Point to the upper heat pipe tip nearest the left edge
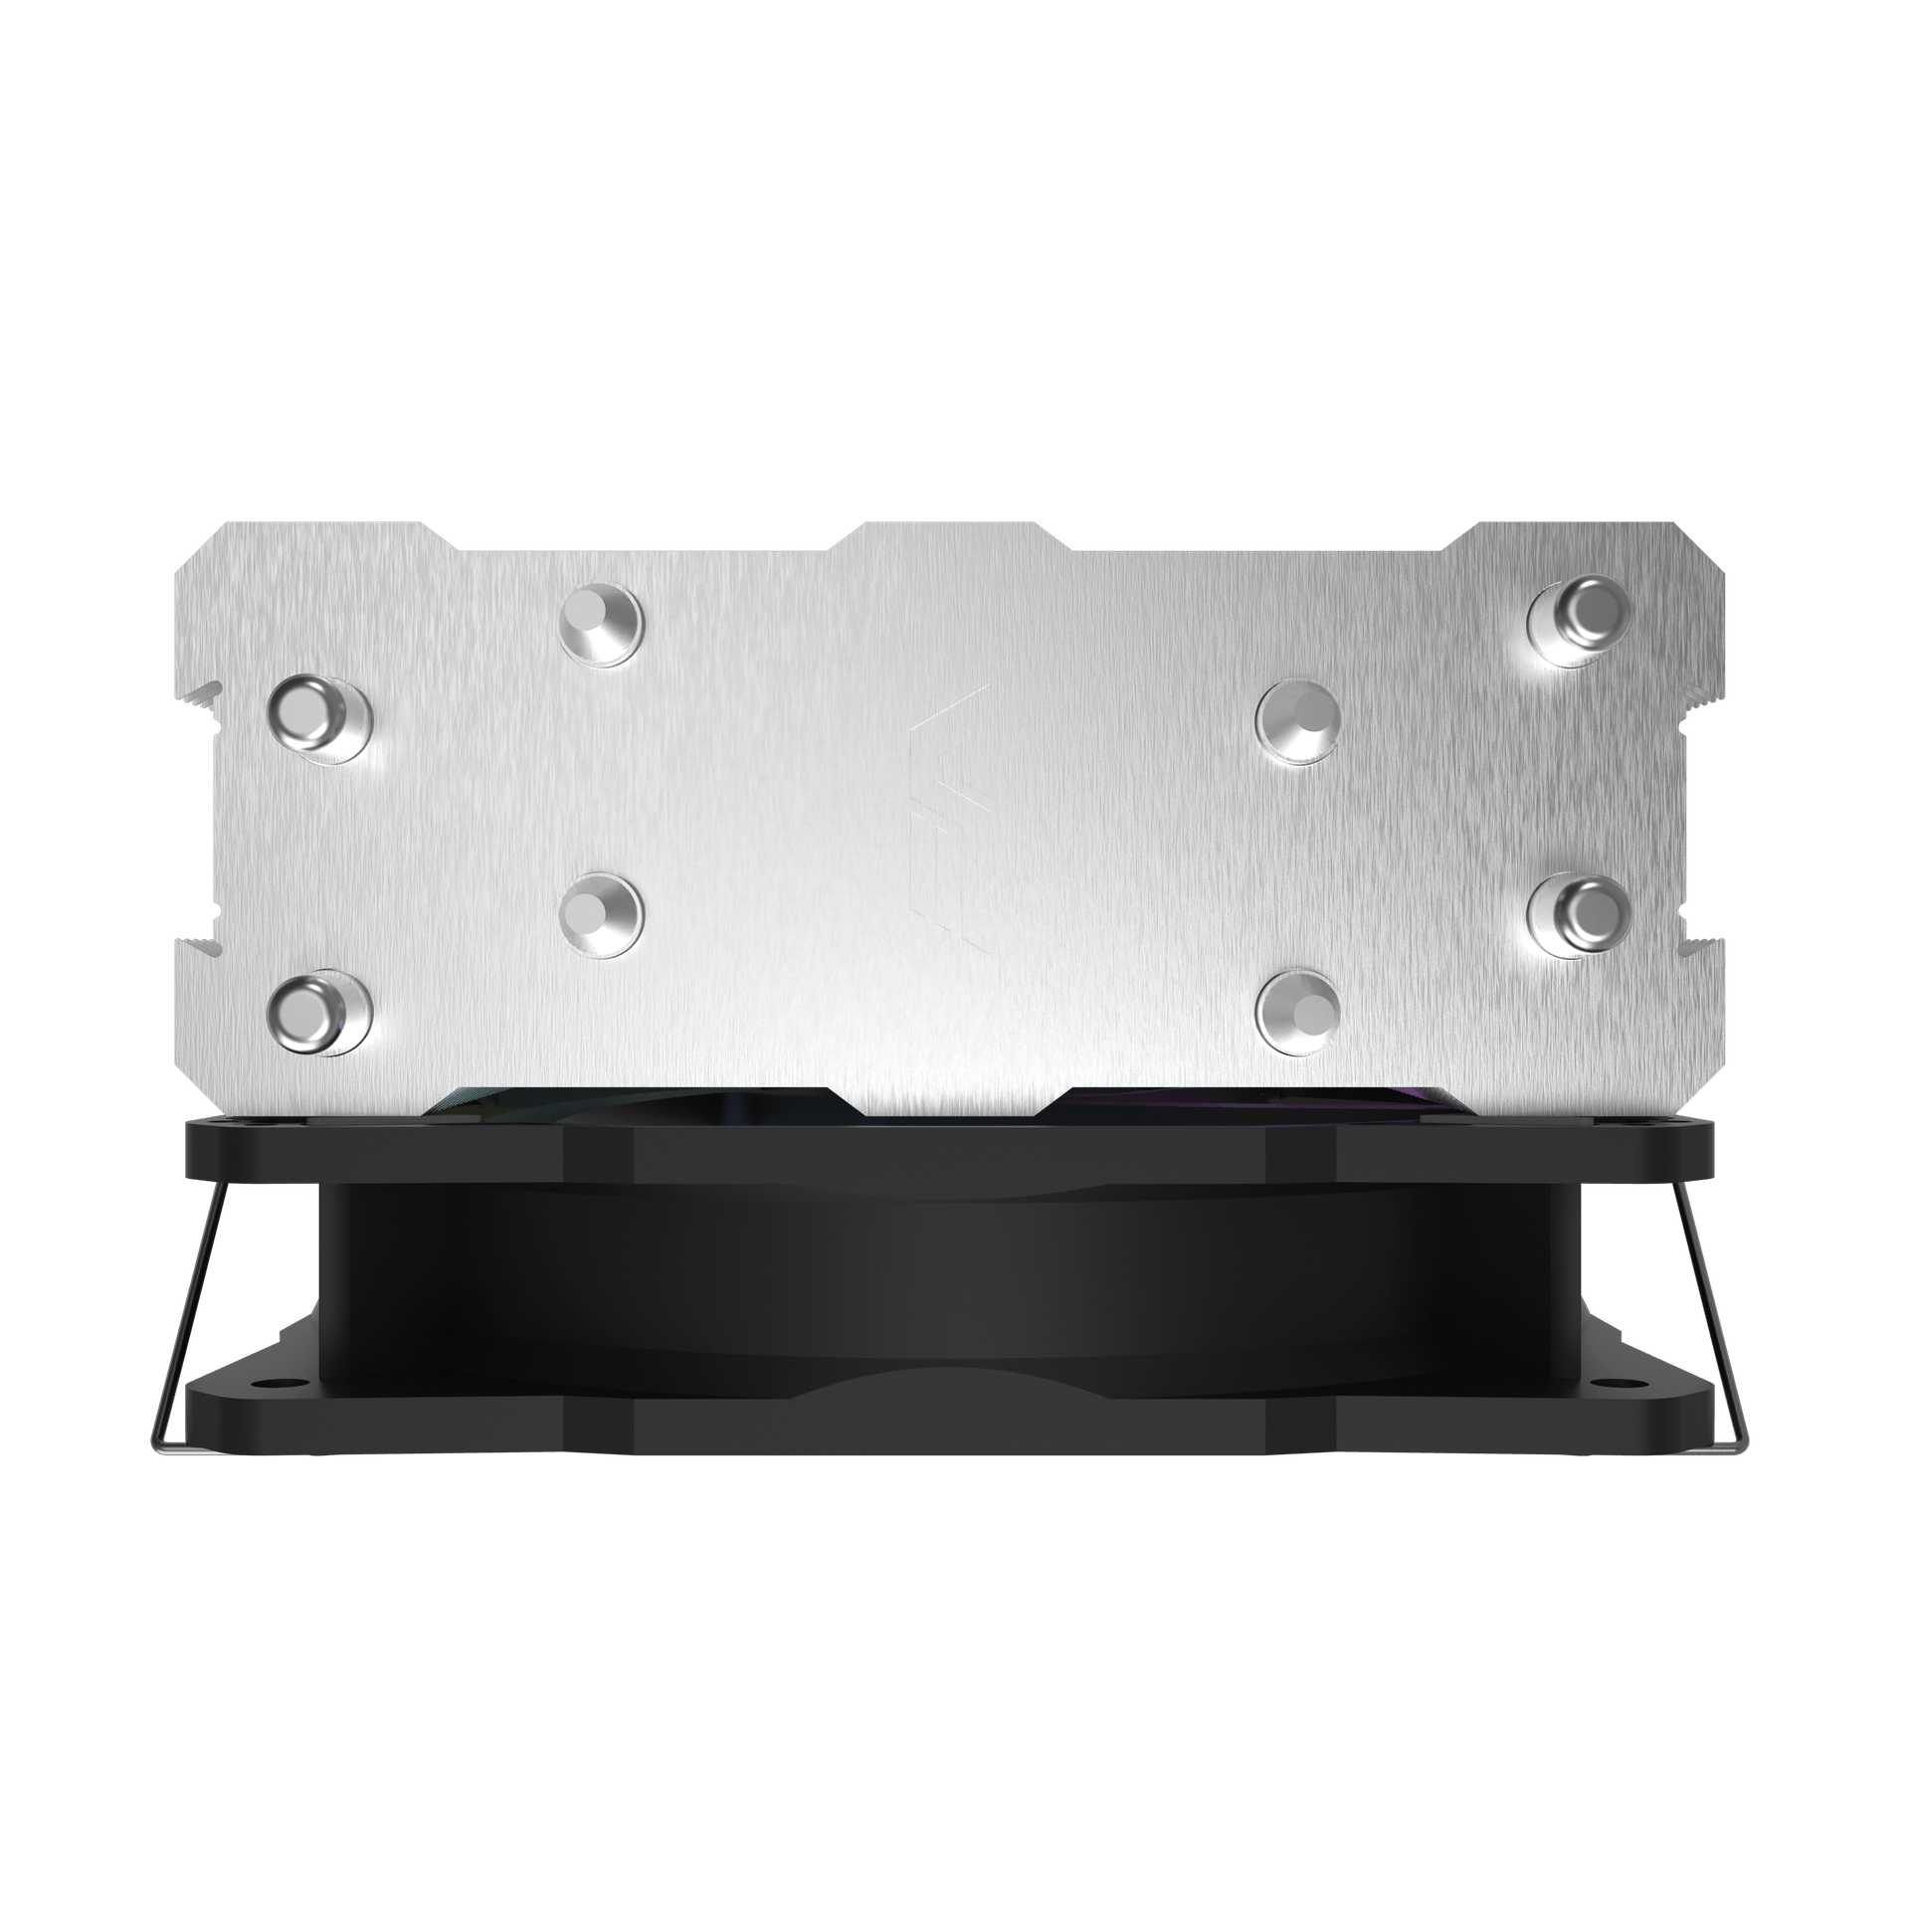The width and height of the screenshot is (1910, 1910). click(320, 719)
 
